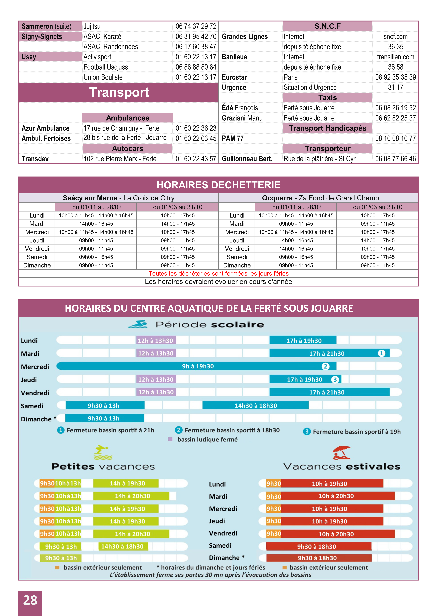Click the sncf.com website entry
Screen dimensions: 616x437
pos(395,37)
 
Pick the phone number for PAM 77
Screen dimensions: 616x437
pos(395,138)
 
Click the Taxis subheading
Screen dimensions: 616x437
pos(327,98)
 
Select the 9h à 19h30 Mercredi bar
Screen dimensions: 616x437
pos(198,366)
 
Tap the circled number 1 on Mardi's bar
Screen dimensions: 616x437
pos(381,353)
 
